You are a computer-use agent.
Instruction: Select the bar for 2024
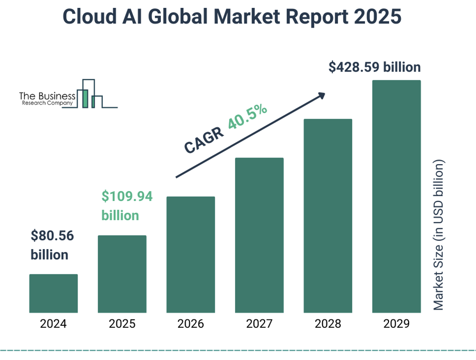[x=53, y=293]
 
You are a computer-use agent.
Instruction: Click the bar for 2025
[x=122, y=274]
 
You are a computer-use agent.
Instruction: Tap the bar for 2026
[x=190, y=254]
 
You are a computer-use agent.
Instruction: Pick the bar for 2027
[x=259, y=235]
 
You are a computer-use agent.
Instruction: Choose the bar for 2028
[x=328, y=216]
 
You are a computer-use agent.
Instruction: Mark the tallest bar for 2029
[x=397, y=196]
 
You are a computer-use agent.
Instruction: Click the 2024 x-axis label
[x=53, y=324]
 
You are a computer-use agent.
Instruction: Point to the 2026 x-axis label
[x=190, y=324]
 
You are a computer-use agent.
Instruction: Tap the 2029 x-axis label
[x=397, y=324]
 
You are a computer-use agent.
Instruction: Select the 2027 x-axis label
[x=259, y=324]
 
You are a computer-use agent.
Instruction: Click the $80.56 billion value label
[x=52, y=245]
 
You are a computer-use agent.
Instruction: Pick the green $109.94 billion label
[x=127, y=206]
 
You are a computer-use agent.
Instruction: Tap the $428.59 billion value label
[x=375, y=67]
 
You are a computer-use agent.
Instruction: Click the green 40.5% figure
[x=248, y=117]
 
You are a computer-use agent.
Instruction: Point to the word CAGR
[x=203, y=140]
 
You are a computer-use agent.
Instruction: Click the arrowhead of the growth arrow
[x=321, y=95]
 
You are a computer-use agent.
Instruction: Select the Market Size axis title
[x=438, y=235]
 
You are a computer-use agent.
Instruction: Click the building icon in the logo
[x=91, y=94]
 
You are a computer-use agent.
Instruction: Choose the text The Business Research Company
[x=47, y=99]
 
